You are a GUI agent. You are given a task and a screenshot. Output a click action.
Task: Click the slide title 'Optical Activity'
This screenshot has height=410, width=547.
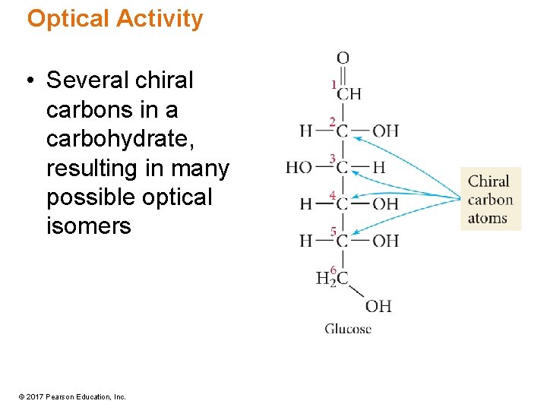pos(115,19)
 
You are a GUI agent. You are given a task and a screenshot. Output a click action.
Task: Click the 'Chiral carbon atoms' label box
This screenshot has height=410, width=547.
pos(490,199)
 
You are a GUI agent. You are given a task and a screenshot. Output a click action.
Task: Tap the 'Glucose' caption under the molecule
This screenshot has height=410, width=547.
pos(348,329)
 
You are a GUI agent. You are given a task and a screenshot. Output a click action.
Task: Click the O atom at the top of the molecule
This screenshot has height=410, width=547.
pos(343,58)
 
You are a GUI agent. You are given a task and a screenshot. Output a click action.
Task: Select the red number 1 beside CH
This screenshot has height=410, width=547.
pos(333,84)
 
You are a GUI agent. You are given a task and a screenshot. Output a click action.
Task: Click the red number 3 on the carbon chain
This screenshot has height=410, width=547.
pos(333,158)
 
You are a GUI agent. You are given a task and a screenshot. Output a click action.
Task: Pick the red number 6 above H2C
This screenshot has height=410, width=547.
pos(333,270)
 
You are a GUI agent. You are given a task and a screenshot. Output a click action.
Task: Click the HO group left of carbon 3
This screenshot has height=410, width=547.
pos(299,167)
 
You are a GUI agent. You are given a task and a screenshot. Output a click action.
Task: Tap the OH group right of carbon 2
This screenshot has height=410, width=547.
pos(385,131)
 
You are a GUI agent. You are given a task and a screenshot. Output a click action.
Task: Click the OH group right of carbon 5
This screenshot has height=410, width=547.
pos(385,241)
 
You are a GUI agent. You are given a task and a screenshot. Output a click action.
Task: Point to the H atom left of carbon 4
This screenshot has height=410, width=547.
pos(306,203)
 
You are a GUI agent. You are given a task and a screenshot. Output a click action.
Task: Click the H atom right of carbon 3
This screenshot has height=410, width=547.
pos(379,167)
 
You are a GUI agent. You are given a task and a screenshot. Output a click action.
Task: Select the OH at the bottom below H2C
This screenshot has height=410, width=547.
pos(378,306)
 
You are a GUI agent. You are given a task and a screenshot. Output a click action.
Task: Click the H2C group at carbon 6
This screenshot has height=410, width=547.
pos(332,279)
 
